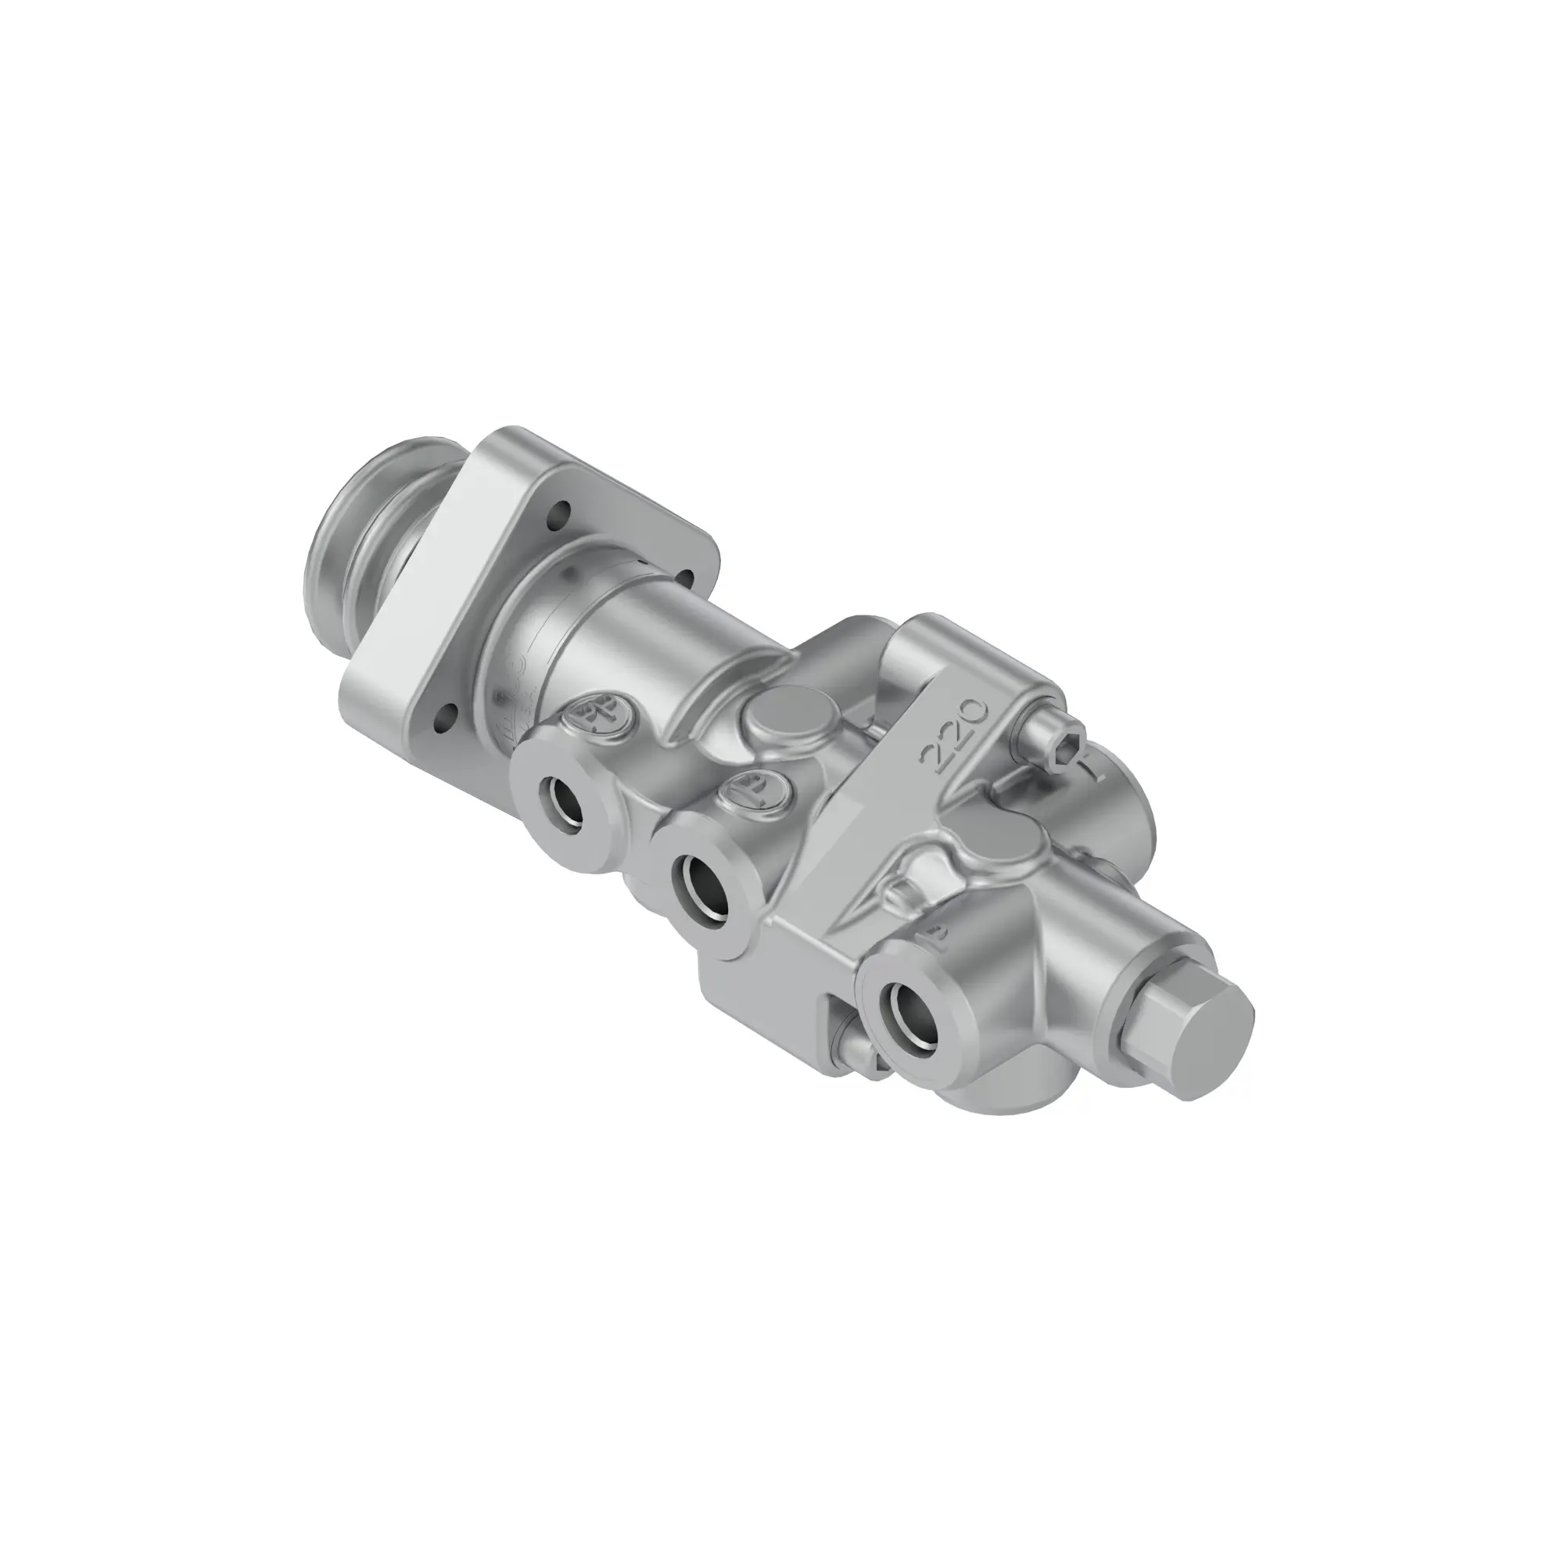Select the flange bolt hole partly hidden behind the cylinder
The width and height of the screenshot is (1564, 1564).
(x=685, y=576)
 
